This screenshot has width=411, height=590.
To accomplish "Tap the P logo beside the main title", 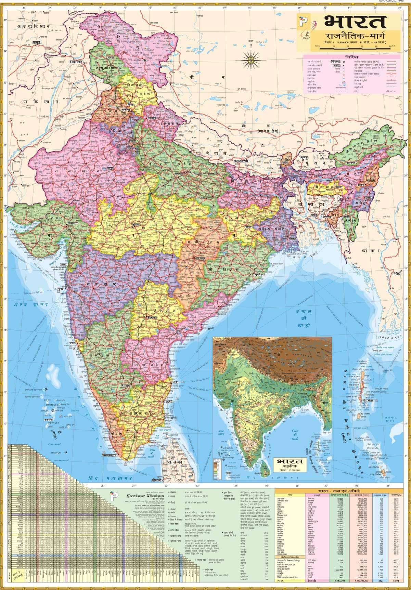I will coord(303,23).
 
